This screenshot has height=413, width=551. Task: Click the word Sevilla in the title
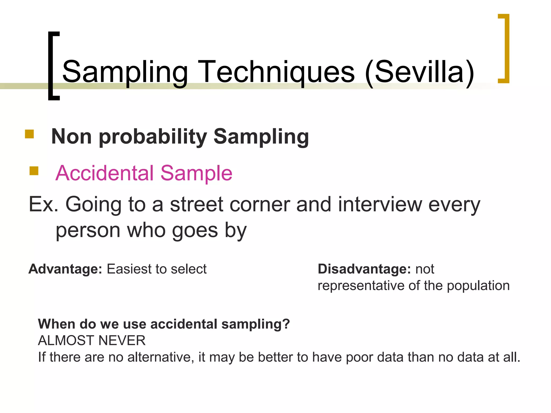pyautogui.click(x=420, y=72)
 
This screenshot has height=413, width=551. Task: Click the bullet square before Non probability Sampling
pyautogui.click(x=29, y=134)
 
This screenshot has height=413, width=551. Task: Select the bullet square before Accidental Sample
pyautogui.click(x=34, y=171)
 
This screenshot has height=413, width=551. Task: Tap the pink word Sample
pyautogui.click(x=196, y=173)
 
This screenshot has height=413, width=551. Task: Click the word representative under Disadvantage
pyautogui.click(x=361, y=286)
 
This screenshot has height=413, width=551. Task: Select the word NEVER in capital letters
pyautogui.click(x=122, y=341)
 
